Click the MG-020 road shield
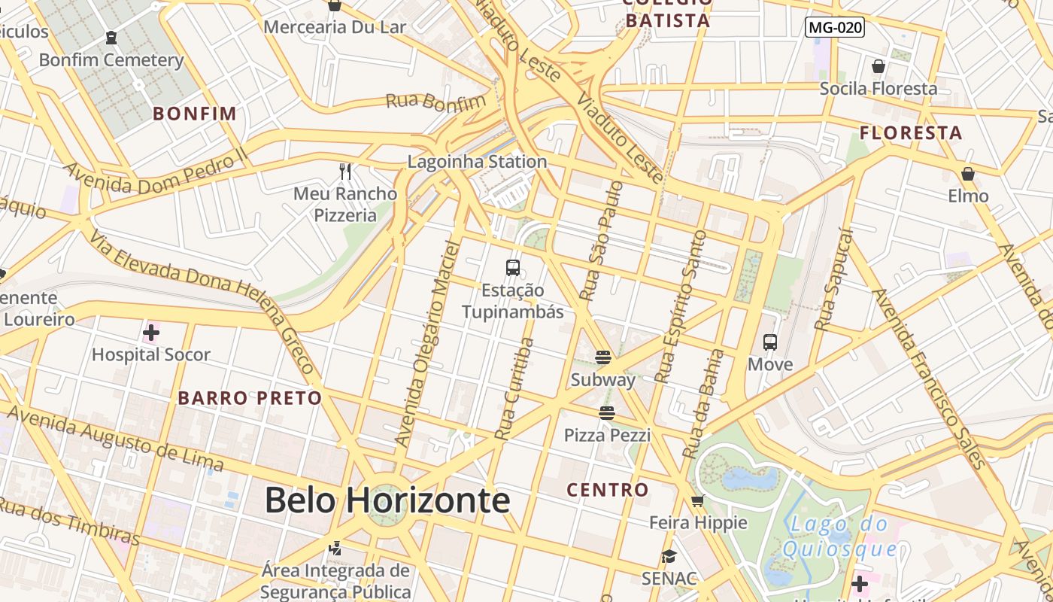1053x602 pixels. (x=834, y=28)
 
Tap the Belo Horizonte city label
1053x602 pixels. (x=387, y=500)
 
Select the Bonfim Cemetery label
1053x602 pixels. (x=111, y=60)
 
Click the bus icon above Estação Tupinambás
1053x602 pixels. (x=513, y=268)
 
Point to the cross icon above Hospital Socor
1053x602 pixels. (x=151, y=332)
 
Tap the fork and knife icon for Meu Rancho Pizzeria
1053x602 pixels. (x=345, y=172)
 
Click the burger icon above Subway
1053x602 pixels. (x=603, y=357)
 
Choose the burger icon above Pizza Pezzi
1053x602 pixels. (x=607, y=412)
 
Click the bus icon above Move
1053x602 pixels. (x=770, y=342)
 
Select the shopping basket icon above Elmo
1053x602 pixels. (x=968, y=174)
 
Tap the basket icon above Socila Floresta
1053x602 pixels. (x=879, y=66)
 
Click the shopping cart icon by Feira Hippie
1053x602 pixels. (x=698, y=500)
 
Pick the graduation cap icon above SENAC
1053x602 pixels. (x=669, y=557)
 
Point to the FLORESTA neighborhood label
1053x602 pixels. (x=911, y=133)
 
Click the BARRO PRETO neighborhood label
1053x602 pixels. (x=250, y=398)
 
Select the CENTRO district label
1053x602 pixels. (x=608, y=490)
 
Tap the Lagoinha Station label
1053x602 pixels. (x=477, y=162)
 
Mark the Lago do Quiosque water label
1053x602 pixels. (x=839, y=536)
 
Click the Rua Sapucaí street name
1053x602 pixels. (x=833, y=280)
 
